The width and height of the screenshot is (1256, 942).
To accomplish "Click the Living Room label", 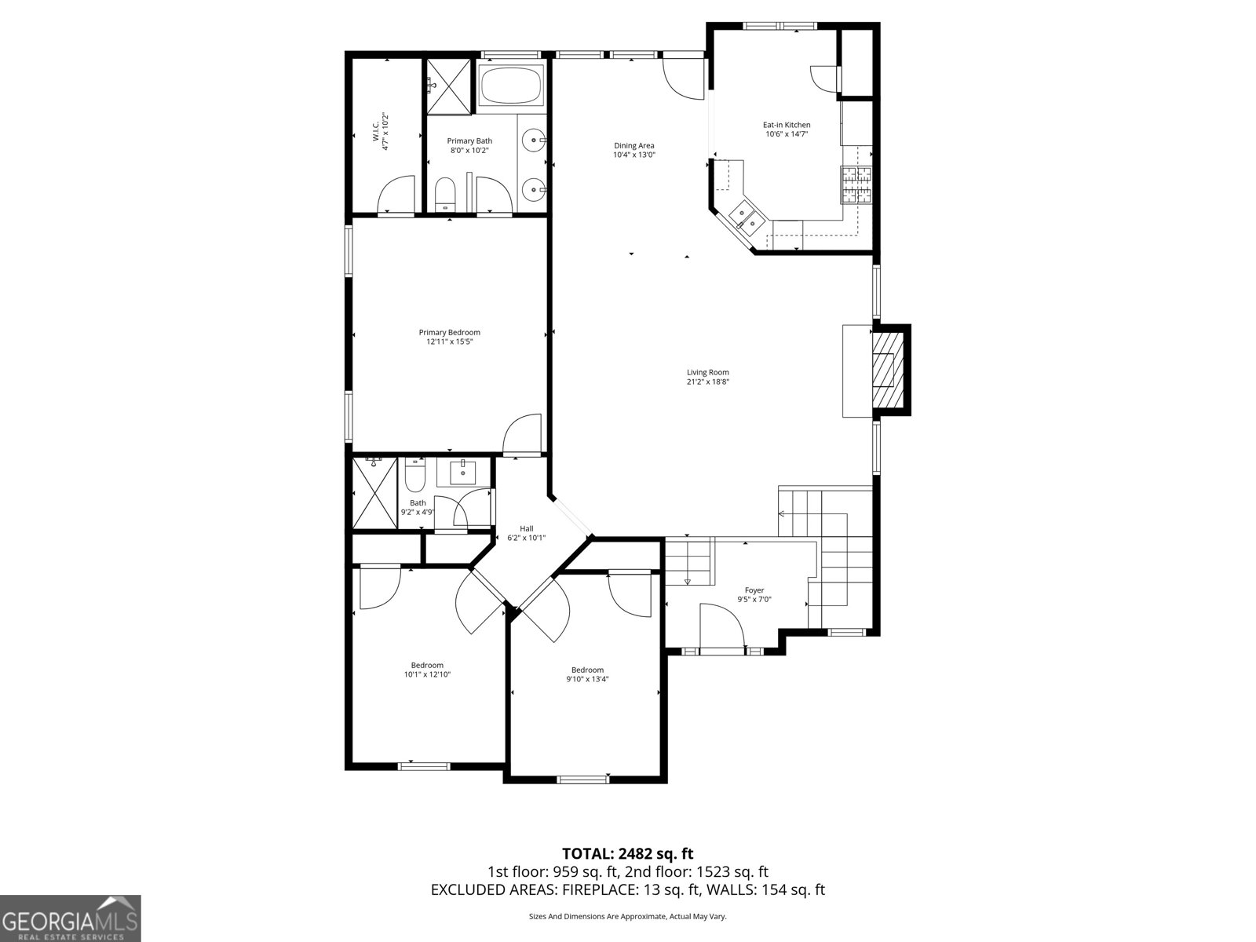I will (707, 372).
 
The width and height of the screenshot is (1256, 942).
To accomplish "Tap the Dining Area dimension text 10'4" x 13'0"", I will (633, 155).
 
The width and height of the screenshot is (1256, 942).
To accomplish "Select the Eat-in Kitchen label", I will (787, 125).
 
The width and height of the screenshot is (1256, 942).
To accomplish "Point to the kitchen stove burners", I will (856, 185).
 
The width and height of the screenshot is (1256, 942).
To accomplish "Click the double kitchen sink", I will (745, 217).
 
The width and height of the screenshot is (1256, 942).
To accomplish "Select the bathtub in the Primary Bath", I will (511, 85).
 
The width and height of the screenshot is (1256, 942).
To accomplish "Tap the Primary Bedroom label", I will (449, 332).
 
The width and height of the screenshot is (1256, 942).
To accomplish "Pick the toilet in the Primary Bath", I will (445, 194).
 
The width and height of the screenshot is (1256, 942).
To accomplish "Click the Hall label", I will (526, 528).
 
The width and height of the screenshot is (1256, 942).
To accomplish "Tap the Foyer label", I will (754, 590).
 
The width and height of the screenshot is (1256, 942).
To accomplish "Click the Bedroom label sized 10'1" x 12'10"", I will (427, 665).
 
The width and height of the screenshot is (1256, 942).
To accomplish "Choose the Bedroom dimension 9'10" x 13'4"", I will (587, 680).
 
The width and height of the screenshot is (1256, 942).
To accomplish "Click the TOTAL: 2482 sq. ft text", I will (627, 853).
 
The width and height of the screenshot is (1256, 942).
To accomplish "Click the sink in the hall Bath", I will (463, 473).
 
